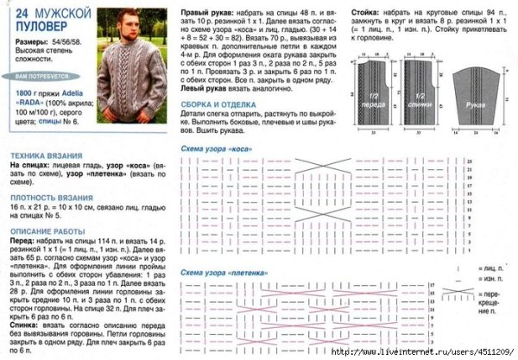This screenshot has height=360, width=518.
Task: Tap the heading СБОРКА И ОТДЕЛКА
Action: tap(217, 103)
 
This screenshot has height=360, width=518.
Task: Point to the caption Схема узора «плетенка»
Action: tap(224, 273)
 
